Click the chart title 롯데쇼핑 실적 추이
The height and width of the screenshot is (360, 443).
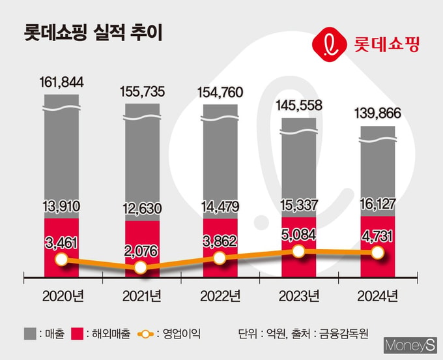click(93, 33)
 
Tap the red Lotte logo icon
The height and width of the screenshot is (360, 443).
click(330, 44)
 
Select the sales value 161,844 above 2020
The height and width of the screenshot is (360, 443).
click(62, 82)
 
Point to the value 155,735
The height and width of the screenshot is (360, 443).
click(142, 91)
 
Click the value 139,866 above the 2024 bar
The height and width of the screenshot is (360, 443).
click(378, 113)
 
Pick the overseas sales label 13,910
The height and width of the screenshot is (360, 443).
click(62, 206)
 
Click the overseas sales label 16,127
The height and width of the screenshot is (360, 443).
click(378, 204)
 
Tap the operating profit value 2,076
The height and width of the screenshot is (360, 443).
click(141, 251)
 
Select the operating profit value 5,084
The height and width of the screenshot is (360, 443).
click(298, 235)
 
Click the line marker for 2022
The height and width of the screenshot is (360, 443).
click(220, 258)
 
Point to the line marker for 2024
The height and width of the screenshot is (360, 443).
click(378, 252)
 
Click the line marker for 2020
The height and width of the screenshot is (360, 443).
click(62, 260)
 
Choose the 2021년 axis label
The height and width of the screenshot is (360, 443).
click(142, 296)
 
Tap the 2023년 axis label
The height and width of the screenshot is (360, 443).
click(299, 296)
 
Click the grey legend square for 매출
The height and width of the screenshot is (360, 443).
click(30, 333)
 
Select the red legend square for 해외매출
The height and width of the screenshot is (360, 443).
click(77, 333)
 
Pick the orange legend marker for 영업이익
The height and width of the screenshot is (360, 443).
click(145, 335)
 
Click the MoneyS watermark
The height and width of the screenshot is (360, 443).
click(410, 345)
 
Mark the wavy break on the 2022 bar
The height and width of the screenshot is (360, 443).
click(220, 118)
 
